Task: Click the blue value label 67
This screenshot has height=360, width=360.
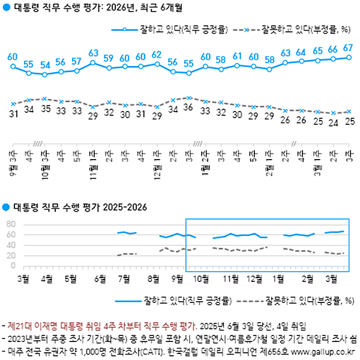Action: coord(347,47)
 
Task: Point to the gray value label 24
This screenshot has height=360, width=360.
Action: coord(332,122)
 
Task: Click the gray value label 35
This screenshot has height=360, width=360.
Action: coord(45,109)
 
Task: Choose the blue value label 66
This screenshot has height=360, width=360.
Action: coord(332,49)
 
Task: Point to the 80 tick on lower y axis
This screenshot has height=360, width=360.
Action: coord(10,224)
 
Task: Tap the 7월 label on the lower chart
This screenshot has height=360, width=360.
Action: coord(126,278)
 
